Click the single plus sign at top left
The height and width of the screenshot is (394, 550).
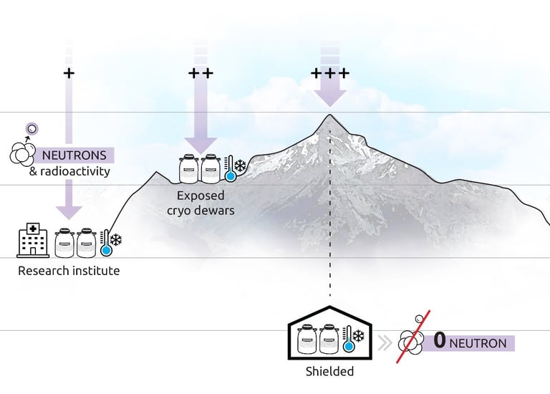point(69,73)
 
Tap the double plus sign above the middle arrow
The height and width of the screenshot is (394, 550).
point(201,73)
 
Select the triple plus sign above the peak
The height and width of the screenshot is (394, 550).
point(330,73)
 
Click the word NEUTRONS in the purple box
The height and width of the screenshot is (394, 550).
point(74,155)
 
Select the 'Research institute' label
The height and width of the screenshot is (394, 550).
point(69,272)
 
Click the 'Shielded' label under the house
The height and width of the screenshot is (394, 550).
point(329,371)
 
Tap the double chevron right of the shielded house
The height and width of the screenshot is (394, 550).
point(384,342)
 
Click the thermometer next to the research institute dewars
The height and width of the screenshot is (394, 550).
point(107,244)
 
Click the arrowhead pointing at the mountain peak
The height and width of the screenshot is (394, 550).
point(330,97)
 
